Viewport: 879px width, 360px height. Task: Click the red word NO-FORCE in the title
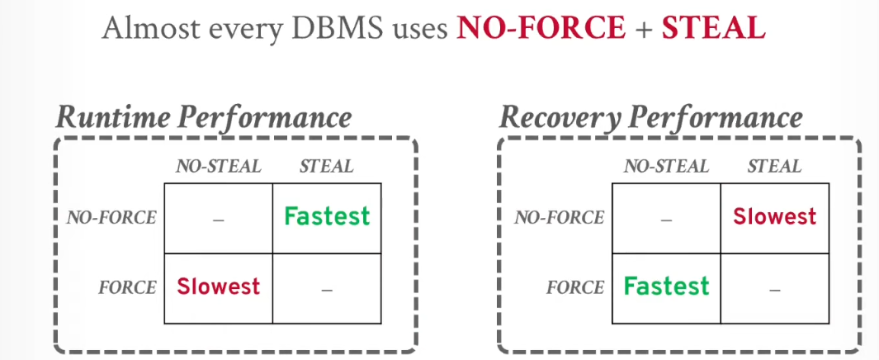point(541,28)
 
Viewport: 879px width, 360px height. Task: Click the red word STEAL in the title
point(714,28)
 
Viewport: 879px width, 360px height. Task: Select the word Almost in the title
point(142,28)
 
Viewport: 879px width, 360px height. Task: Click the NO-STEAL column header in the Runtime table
point(219,167)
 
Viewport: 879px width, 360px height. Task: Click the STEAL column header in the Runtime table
point(327,167)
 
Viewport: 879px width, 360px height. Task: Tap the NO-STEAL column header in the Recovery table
point(667,167)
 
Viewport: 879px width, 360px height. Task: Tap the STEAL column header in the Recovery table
point(775,167)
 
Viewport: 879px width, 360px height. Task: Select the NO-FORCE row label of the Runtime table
point(111,218)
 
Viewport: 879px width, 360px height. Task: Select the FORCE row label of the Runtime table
point(128,287)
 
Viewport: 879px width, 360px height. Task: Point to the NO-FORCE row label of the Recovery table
point(560,218)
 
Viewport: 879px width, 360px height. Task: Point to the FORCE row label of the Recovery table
point(576,287)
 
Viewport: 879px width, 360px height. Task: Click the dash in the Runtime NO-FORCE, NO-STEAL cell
point(219,220)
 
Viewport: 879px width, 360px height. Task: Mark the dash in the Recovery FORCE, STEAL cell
point(775,290)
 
